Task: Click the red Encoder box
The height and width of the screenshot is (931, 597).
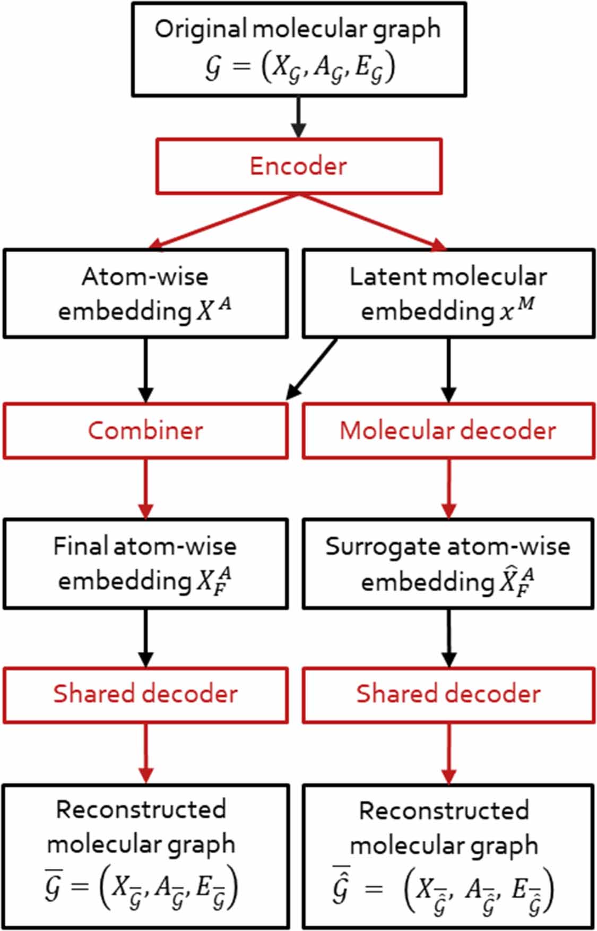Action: pyautogui.click(x=298, y=166)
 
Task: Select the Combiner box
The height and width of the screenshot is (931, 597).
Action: pyautogui.click(x=145, y=430)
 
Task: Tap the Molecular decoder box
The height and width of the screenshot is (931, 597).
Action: pyautogui.click(x=448, y=430)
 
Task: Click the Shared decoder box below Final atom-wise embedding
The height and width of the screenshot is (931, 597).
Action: pyautogui.click(x=145, y=694)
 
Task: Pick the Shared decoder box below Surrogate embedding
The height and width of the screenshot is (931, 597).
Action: pyautogui.click(x=448, y=694)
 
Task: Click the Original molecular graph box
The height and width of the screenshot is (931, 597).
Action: pyautogui.click(x=299, y=49)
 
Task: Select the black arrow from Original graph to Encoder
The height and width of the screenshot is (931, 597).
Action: pyautogui.click(x=299, y=117)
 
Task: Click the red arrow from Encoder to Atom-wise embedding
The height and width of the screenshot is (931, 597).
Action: pyautogui.click(x=223, y=221)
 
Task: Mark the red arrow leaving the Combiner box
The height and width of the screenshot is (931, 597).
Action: pyautogui.click(x=145, y=488)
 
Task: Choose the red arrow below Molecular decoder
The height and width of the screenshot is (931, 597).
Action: pyautogui.click(x=449, y=488)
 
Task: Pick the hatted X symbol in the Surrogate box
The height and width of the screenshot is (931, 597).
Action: pyautogui.click(x=515, y=581)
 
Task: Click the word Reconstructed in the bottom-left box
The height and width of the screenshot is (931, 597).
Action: pyautogui.click(x=141, y=809)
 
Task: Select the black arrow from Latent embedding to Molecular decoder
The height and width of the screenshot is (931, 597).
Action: pyautogui.click(x=449, y=370)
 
